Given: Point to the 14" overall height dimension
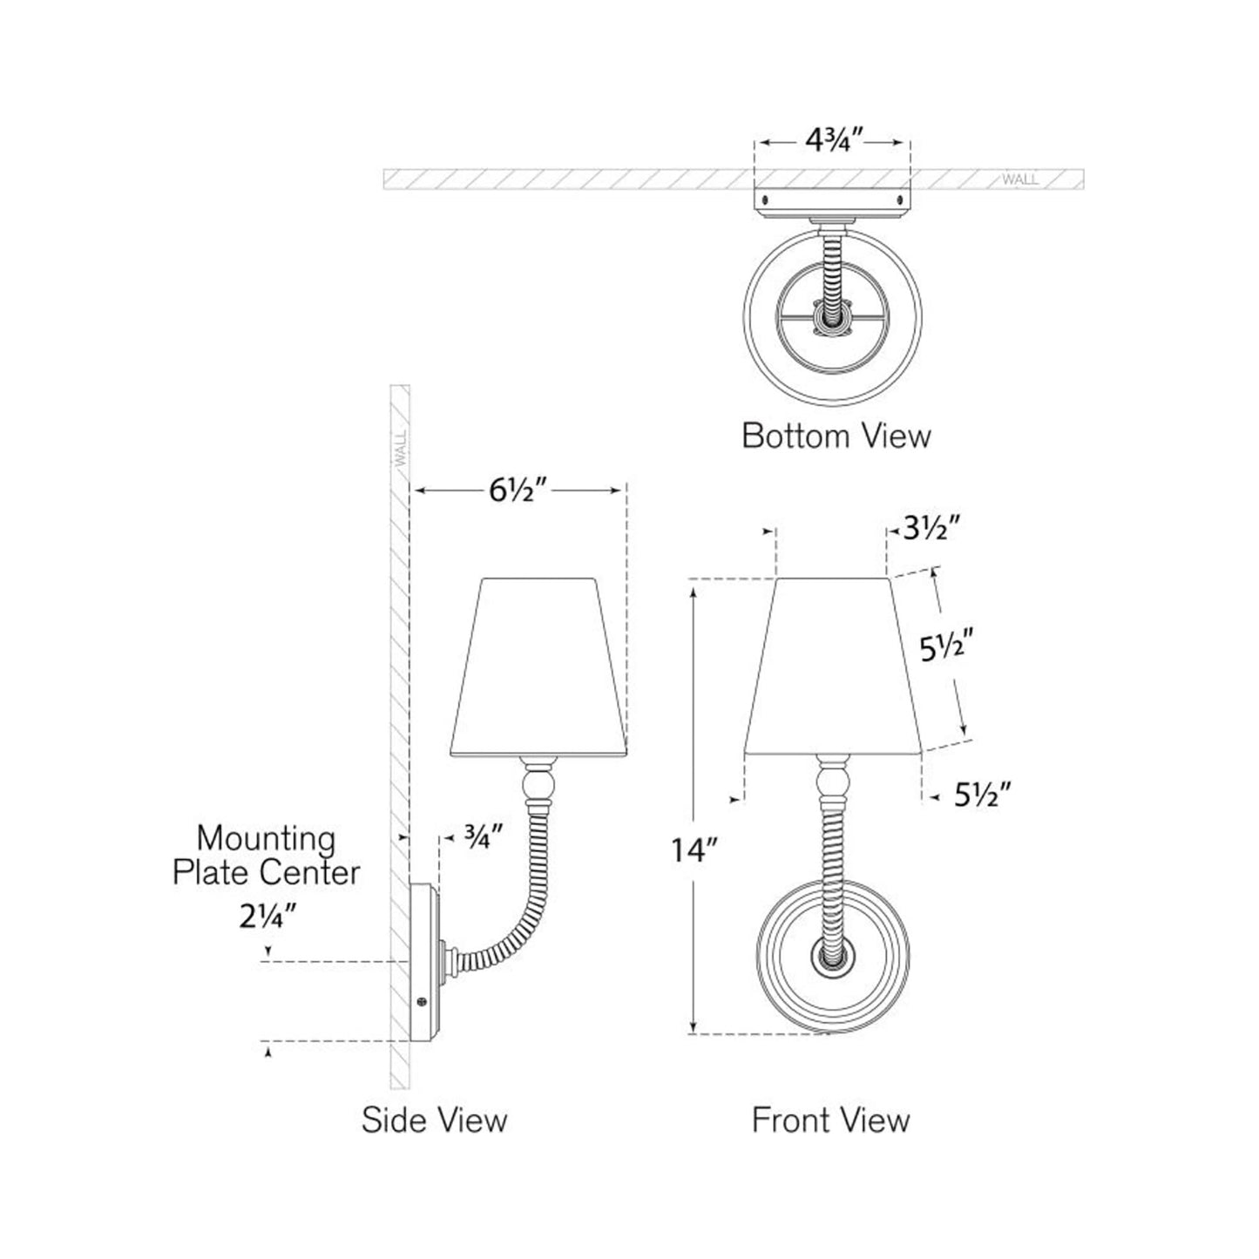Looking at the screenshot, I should pyautogui.click(x=694, y=849).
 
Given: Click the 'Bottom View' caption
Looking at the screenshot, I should pyautogui.click(x=836, y=435).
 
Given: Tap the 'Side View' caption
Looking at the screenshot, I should pyautogui.click(x=434, y=1120).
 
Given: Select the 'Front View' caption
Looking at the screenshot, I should pyautogui.click(x=830, y=1120).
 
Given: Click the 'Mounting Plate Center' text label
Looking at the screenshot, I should pyautogui.click(x=266, y=855).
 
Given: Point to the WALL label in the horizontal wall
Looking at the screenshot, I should pyautogui.click(x=1020, y=179).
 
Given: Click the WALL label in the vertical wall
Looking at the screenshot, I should pyautogui.click(x=401, y=450).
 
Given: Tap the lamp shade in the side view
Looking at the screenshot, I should pyautogui.click(x=538, y=667).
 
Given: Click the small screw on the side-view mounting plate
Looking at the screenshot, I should pyautogui.click(x=423, y=1002).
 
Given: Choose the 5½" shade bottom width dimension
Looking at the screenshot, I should pyautogui.click(x=982, y=795).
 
